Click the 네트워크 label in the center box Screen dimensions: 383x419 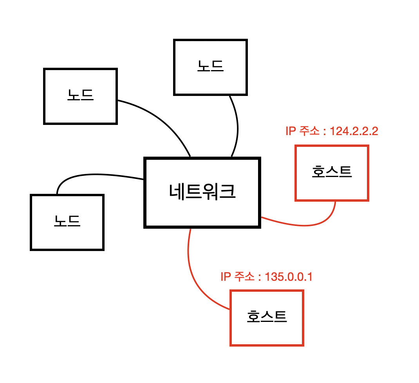coord(202,192)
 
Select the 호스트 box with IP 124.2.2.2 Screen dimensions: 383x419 coord(332,173)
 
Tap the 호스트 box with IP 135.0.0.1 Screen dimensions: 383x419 coord(267,318)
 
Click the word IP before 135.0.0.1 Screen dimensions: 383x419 coord(226,277)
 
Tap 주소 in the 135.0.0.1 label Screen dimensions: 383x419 coord(244,277)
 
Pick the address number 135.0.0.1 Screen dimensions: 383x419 coord(289,277)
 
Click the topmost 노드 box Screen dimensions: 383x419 coord(210,67)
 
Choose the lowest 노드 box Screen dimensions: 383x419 coord(67,222)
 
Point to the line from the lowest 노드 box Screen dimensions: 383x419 coord(94,174)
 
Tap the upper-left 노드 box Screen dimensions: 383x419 coord(80,96)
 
